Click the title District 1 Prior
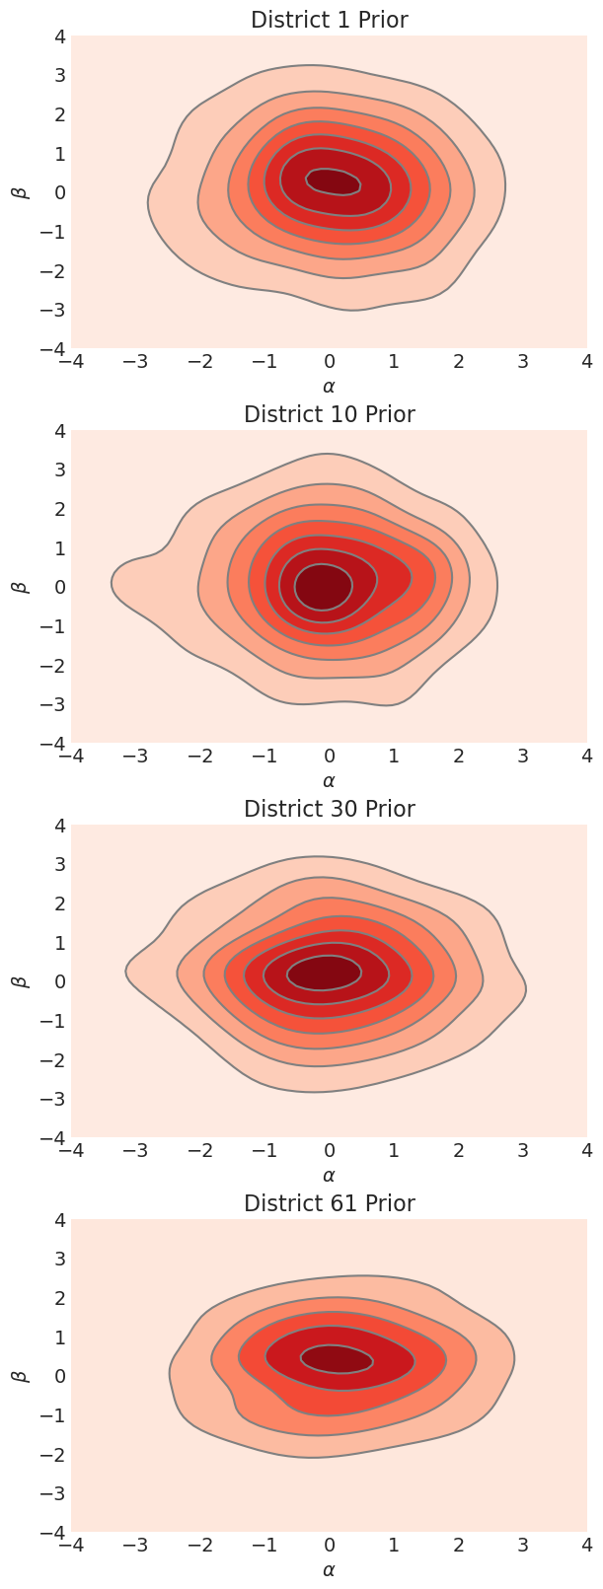(329, 20)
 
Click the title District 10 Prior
(329, 414)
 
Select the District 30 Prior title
(329, 809)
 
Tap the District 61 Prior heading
(329, 1203)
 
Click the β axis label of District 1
(18, 191)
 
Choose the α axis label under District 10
(329, 781)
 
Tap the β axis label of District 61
(18, 1375)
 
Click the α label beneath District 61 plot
(329, 1570)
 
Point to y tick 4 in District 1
(58, 36)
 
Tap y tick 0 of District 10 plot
(58, 587)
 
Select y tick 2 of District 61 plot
(58, 1298)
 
